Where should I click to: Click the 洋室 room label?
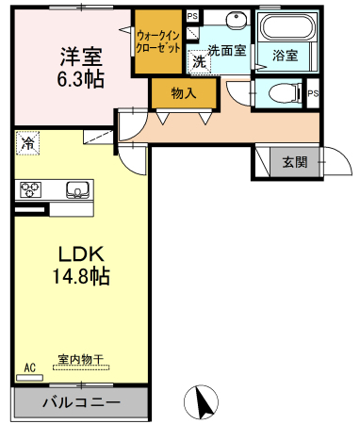pyautogui.click(x=81, y=57)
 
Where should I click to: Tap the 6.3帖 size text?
pyautogui.click(x=80, y=79)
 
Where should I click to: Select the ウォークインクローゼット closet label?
pyautogui.click(x=158, y=41)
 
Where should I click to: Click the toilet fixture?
pyautogui.click(x=284, y=93)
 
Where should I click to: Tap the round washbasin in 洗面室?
pyautogui.click(x=236, y=19)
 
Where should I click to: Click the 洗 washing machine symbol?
pyautogui.click(x=199, y=62)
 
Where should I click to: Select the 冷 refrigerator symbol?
pyautogui.click(x=27, y=143)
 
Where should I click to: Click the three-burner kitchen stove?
pyautogui.click(x=30, y=189)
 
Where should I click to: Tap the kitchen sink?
pyautogui.click(x=77, y=189)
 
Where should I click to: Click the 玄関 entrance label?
pyautogui.click(x=294, y=162)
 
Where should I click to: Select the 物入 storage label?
pyautogui.click(x=184, y=93)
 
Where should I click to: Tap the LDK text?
pyautogui.click(x=81, y=254)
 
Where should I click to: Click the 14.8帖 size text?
pyautogui.click(x=81, y=276)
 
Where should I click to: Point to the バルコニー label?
pyautogui.click(x=81, y=402)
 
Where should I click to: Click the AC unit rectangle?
pyautogui.click(x=29, y=378)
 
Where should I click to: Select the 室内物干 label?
pyautogui.click(x=81, y=359)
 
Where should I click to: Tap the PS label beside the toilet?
pyautogui.click(x=313, y=93)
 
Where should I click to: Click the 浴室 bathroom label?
pyautogui.click(x=285, y=56)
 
